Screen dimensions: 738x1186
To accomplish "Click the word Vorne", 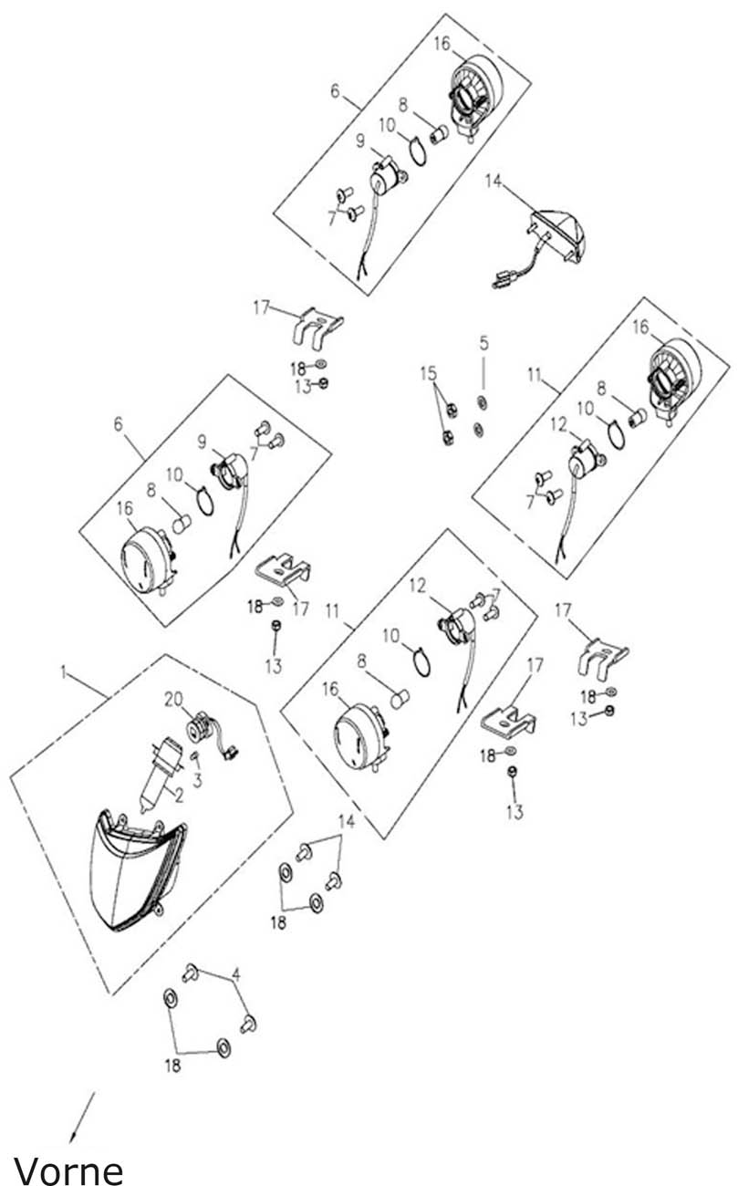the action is point(68,1167).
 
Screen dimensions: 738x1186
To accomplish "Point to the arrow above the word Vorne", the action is point(82,1117).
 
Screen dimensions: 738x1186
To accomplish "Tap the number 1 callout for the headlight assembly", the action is point(64,672).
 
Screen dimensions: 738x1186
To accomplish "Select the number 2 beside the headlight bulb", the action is point(179,796).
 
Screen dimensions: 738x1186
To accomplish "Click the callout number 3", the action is point(197,780).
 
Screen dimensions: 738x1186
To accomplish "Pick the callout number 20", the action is point(173,700).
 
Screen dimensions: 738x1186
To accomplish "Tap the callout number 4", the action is point(236,974).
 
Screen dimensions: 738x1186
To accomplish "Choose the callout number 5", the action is point(483,343).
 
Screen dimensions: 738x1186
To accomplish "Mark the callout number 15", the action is point(428,373).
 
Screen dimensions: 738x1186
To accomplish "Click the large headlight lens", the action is point(135,869).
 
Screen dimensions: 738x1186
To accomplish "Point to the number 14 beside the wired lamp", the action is point(493,181).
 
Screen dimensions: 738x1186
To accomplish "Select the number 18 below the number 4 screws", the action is point(173,1066).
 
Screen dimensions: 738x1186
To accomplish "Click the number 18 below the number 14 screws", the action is point(278,923).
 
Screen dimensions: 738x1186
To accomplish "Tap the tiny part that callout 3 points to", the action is point(194,755).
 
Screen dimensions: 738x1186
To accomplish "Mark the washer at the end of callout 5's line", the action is point(483,401).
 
